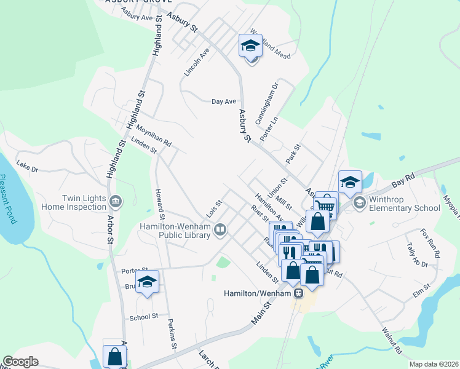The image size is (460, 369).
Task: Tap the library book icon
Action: [x=220, y=231]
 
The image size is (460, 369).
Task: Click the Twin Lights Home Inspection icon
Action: [x=115, y=201]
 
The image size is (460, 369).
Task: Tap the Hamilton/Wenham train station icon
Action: [x=298, y=293]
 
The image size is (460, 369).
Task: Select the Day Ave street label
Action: [x=224, y=101]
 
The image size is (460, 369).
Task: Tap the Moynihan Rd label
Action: [x=154, y=134]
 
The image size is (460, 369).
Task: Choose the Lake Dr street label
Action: [x=28, y=166]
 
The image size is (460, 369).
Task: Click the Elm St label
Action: [x=422, y=288]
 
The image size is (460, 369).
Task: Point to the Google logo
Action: [x=20, y=362]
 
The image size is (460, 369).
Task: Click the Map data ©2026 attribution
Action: [x=434, y=364]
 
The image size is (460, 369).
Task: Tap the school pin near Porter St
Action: [x=147, y=282]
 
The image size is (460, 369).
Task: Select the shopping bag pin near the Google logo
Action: [x=114, y=356]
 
